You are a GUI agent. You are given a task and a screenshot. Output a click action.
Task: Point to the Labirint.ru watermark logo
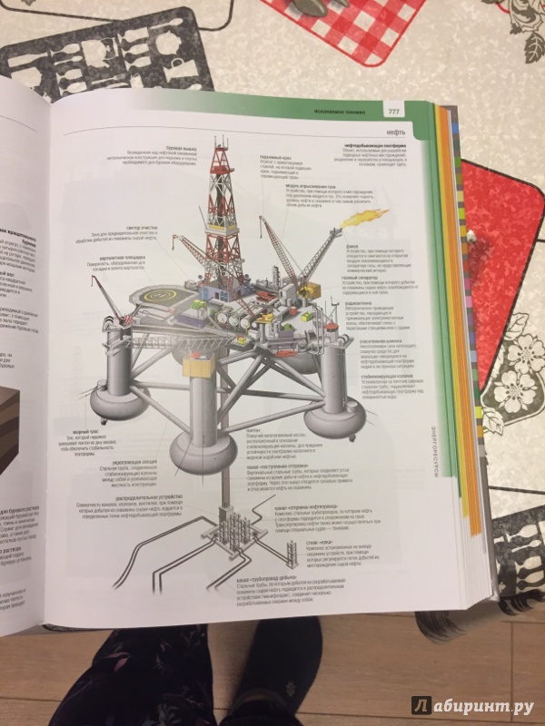[471, 704]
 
